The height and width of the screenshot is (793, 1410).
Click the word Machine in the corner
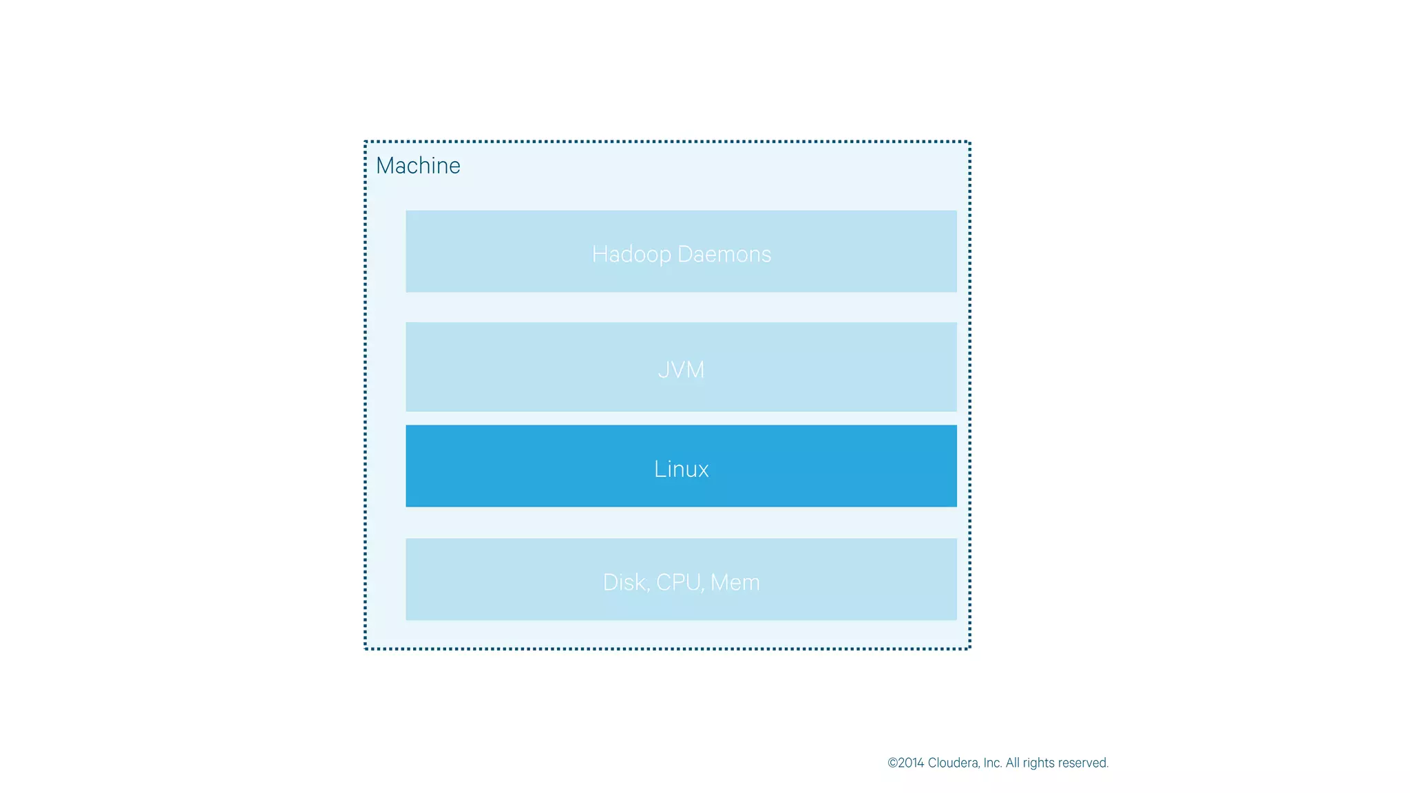click(x=418, y=166)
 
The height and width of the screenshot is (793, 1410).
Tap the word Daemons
click(x=724, y=254)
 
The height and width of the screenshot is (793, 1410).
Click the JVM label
click(x=681, y=370)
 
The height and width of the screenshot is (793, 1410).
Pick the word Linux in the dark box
click(x=681, y=469)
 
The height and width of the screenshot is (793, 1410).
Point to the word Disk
click(x=624, y=582)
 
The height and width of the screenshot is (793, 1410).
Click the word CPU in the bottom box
click(x=678, y=582)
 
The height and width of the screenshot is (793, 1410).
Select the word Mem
click(x=735, y=582)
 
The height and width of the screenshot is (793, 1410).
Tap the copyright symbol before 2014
click(x=893, y=763)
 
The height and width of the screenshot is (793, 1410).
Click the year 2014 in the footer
click(x=911, y=763)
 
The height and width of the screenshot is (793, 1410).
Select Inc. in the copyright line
click(x=992, y=763)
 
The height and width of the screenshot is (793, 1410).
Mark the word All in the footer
click(x=1012, y=763)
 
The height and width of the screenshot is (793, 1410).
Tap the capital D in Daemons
click(x=685, y=254)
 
